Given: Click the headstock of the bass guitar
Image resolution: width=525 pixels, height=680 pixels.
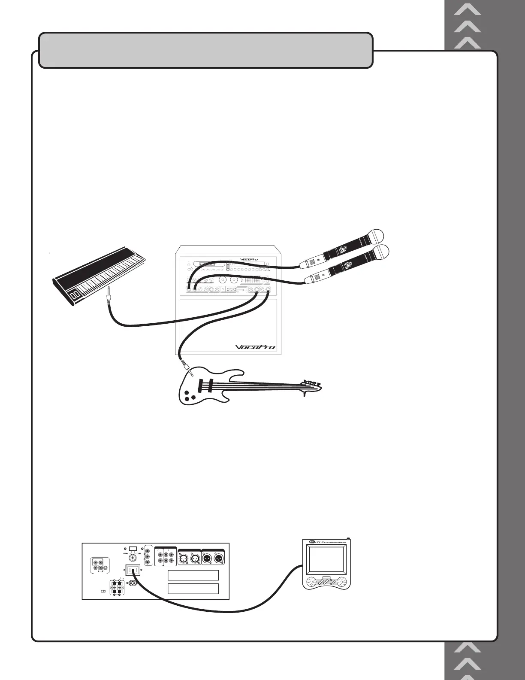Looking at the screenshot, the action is [x=312, y=384].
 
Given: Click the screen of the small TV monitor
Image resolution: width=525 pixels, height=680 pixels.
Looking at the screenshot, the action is [x=327, y=560].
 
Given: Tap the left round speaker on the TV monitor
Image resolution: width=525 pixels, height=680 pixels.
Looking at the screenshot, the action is [x=312, y=582].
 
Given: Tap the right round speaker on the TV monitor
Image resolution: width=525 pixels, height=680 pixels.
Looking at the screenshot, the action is [x=342, y=582].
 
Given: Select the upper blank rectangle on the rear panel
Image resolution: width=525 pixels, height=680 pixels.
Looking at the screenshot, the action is [x=193, y=575].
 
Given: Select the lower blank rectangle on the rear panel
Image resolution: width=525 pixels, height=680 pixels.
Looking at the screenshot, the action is [x=193, y=589].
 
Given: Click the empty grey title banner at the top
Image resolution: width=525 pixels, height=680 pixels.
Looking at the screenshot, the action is [x=206, y=50].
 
